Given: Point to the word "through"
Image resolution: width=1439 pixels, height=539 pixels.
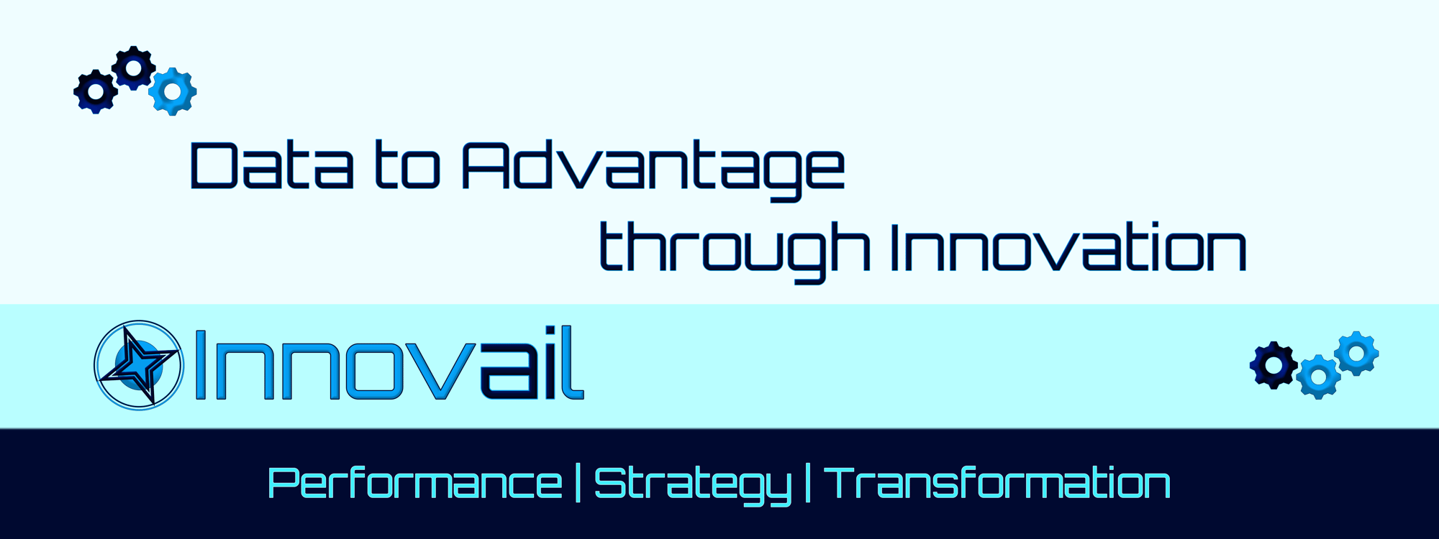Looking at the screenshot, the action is (734, 252).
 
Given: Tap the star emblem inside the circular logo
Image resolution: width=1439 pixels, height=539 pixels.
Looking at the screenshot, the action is (139, 364).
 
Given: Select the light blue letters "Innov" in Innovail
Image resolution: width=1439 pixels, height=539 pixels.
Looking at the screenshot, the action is (336, 364).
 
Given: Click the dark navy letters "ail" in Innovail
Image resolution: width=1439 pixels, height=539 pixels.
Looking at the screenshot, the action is (532, 362).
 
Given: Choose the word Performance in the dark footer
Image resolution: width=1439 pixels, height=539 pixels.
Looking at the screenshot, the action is (414, 483).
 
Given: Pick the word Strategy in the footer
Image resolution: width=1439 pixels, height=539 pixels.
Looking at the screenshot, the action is (693, 486).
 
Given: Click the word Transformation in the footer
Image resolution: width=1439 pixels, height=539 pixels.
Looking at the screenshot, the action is (997, 483).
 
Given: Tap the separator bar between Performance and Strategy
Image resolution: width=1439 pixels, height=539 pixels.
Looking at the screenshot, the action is (578, 484).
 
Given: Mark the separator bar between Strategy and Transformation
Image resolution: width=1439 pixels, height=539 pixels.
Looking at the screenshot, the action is (808, 484).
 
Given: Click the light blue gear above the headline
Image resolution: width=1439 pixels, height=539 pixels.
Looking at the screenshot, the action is (173, 91).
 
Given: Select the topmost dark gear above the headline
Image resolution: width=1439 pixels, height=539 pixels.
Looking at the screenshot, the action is (133, 68).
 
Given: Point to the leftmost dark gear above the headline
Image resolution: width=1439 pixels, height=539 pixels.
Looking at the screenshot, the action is (96, 92).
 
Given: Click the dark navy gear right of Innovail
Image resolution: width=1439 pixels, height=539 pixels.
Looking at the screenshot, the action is (1274, 365).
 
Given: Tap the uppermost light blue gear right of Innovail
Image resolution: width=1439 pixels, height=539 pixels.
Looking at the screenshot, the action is (1356, 353).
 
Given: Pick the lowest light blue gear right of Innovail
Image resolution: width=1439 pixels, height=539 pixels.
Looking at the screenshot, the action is (1318, 377).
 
